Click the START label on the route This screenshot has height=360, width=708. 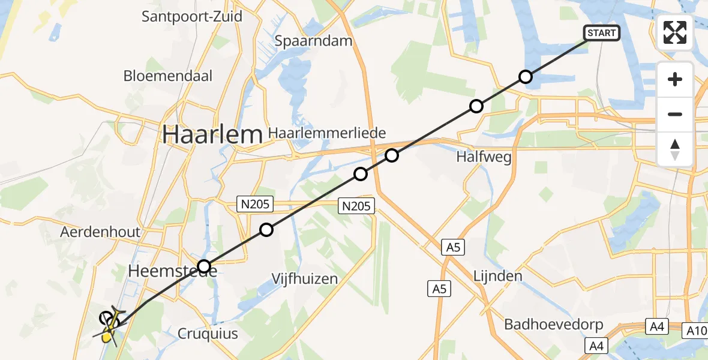[601, 33]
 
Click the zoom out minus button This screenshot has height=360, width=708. [675, 114]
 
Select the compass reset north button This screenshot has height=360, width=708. [675, 149]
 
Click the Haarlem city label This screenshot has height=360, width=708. [212, 135]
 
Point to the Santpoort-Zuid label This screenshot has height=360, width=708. [192, 16]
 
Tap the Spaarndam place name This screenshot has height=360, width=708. [313, 41]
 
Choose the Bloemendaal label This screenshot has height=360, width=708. [168, 76]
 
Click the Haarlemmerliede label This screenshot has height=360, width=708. [328, 133]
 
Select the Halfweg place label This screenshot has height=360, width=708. [484, 157]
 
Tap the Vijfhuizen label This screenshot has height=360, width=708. [304, 278]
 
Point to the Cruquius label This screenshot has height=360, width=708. [208, 334]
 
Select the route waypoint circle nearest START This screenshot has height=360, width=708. [526, 77]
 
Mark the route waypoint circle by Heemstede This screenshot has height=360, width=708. [205, 266]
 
